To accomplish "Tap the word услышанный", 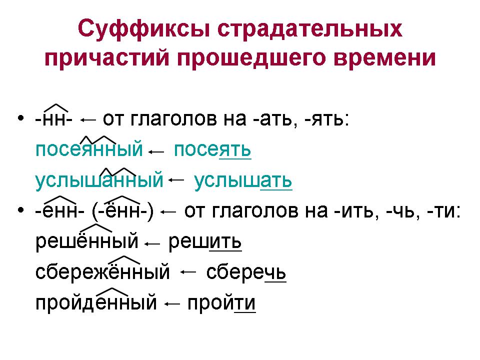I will tap(99, 180).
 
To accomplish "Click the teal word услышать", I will tap(242, 180).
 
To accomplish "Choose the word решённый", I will tap(86, 242).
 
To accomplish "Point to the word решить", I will tap(205, 242).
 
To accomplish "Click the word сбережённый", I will tap(102, 273).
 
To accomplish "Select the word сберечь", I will tap(245, 273).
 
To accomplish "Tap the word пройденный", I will tap(96, 303).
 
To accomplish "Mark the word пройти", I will tap(221, 303).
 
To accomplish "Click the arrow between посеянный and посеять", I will tap(157, 151).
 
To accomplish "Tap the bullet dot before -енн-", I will tap(20, 210).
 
